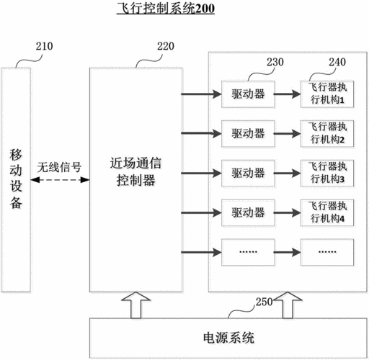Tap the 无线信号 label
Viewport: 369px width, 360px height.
pyautogui.click(x=59, y=165)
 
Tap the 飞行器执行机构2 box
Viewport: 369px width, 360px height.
pyautogui.click(x=327, y=134)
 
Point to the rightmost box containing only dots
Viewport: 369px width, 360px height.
pyautogui.click(x=327, y=252)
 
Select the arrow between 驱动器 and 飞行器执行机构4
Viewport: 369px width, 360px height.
pyautogui.click(x=287, y=212)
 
